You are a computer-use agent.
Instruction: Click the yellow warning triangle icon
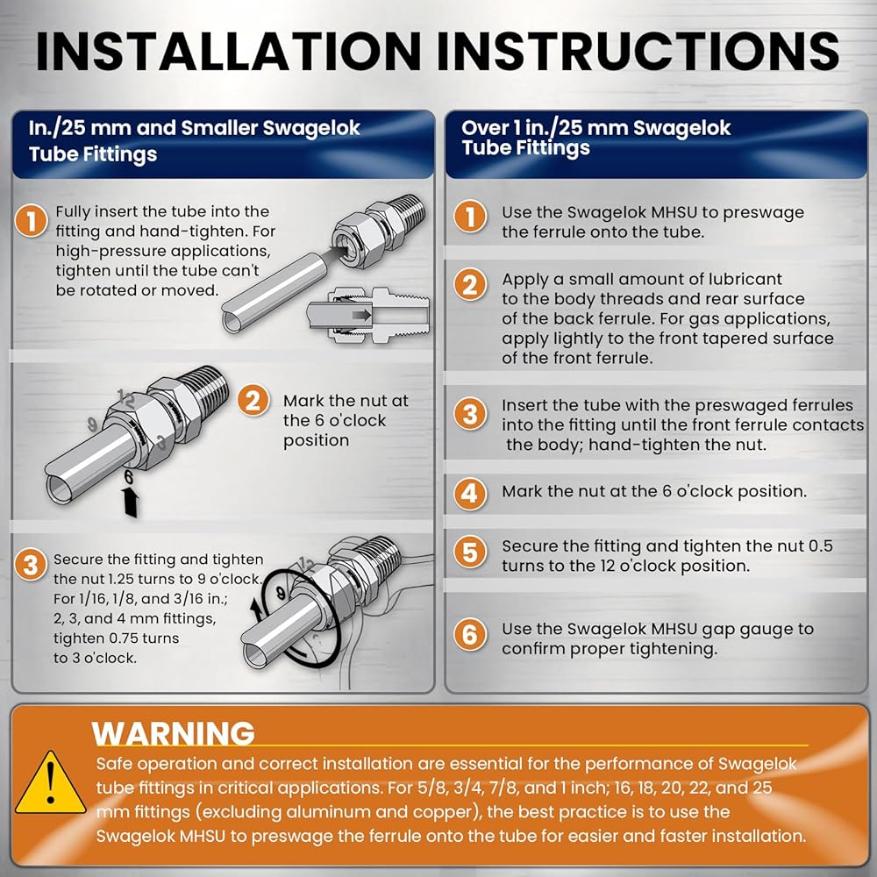[50, 784]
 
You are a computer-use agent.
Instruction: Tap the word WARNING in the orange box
[174, 733]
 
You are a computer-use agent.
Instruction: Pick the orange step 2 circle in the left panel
[253, 401]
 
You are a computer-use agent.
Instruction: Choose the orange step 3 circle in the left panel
[31, 564]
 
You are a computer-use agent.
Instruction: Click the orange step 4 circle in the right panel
[470, 494]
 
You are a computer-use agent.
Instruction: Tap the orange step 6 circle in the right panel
[470, 634]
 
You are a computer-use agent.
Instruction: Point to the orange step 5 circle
[470, 552]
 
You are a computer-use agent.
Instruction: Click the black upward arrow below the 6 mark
[131, 502]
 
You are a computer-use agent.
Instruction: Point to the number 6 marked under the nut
[129, 477]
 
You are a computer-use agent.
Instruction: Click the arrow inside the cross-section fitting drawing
[361, 315]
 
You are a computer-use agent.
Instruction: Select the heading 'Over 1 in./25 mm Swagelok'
[595, 128]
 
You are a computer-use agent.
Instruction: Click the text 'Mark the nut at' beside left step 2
[346, 401]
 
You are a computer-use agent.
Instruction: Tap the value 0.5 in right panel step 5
[820, 545]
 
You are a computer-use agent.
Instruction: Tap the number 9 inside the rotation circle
[281, 594]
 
